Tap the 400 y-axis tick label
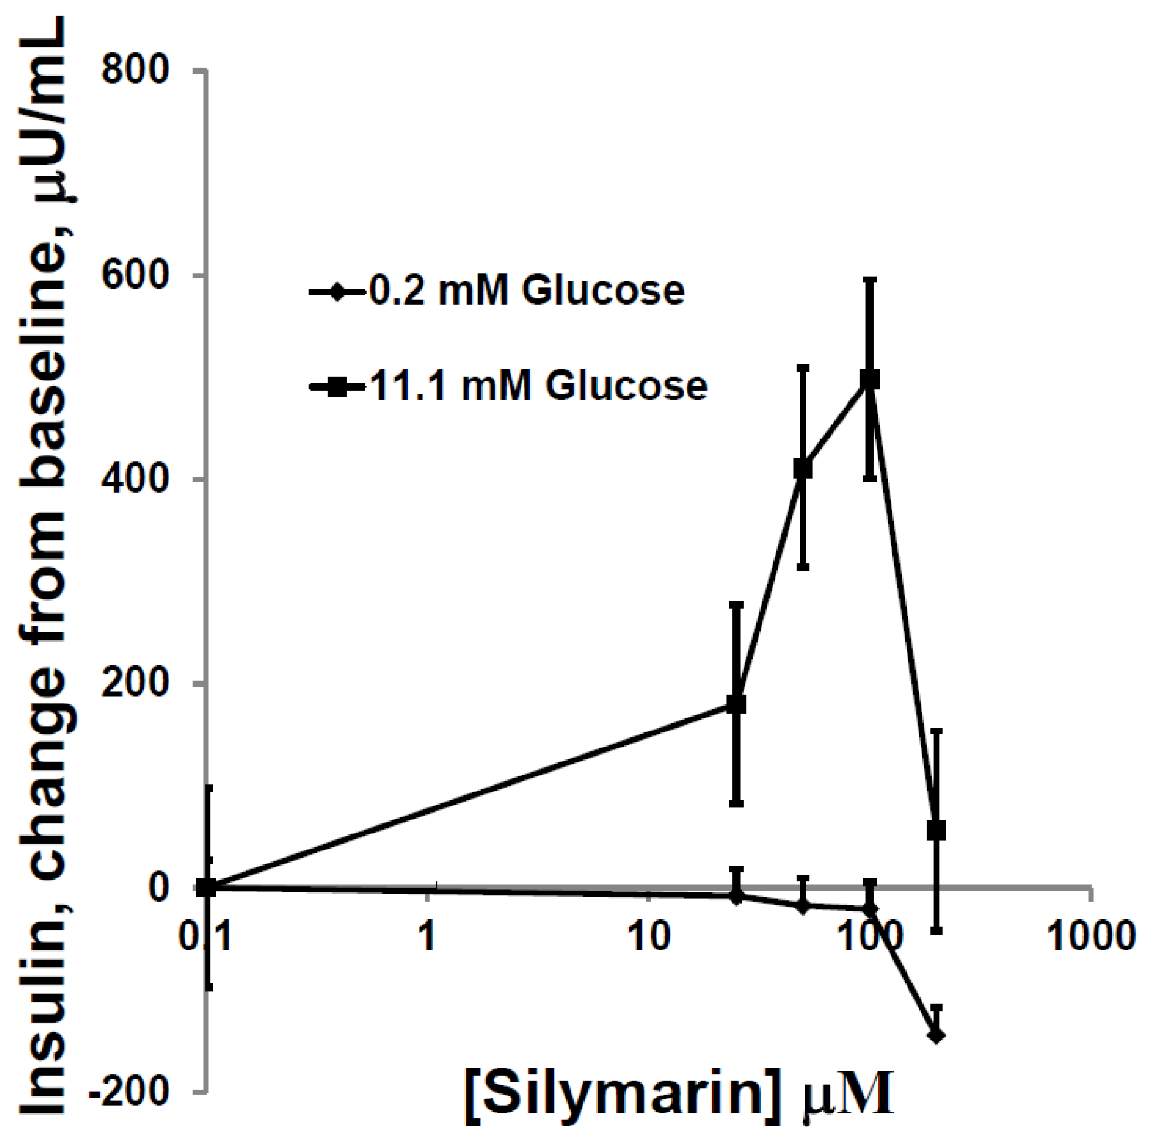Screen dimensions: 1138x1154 point(135,479)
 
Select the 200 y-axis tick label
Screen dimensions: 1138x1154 point(135,684)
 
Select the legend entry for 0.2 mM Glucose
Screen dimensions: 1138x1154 point(495,291)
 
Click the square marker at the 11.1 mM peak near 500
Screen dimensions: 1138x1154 point(870,379)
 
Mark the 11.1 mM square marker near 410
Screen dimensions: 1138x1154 point(803,469)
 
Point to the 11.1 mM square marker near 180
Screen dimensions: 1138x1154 point(736,704)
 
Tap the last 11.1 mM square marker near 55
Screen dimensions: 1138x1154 point(936,830)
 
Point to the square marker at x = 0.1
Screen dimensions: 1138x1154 point(206,887)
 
